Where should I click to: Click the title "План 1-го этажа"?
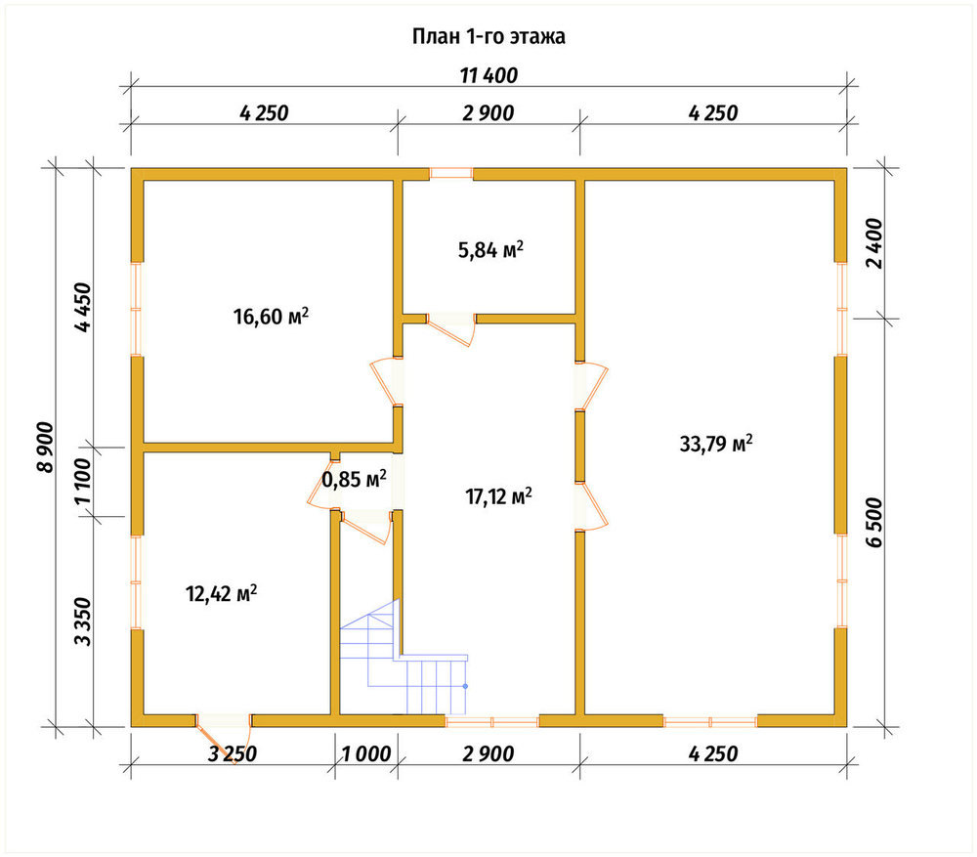pos(488,36)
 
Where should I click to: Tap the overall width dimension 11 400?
pos(488,75)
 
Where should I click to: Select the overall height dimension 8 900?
pos(46,448)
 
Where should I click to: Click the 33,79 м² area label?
pos(716,444)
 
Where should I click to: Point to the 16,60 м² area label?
pos(271,316)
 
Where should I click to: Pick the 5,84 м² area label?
pos(490,250)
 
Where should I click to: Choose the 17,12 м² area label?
pos(498,496)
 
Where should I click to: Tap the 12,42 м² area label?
pos(222,593)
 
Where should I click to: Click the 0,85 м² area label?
pos(354,479)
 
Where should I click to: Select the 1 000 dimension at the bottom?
pos(366,753)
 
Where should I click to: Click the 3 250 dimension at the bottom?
pos(232,753)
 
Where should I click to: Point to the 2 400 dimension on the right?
pos(874,243)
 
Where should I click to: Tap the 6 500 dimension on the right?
pos(874,522)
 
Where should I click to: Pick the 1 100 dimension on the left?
pos(82,482)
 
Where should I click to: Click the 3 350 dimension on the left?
pos(82,621)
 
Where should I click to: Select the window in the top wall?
pos(451,174)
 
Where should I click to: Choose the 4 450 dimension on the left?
pos(82,307)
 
